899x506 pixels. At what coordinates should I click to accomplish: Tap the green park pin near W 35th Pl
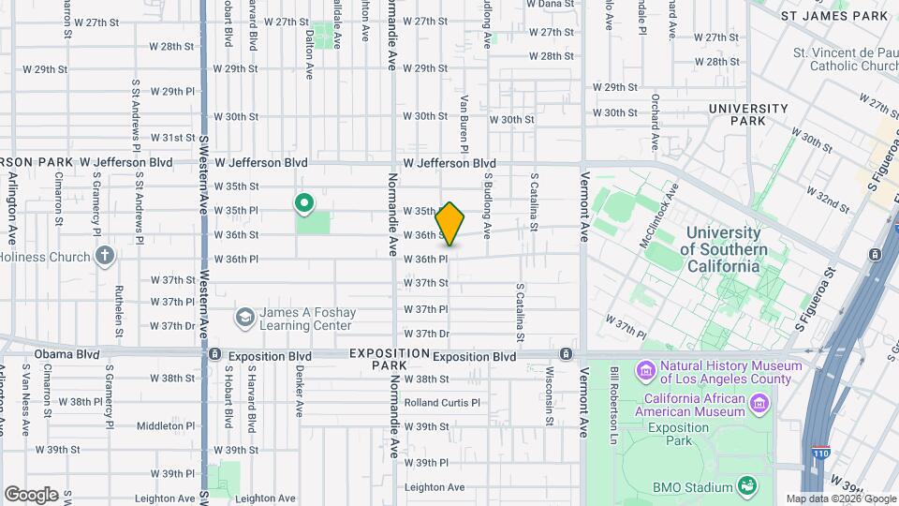point(304,202)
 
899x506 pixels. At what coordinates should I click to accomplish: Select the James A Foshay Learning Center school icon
point(244,318)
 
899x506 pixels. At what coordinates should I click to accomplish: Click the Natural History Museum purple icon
point(646,372)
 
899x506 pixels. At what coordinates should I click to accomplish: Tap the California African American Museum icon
point(759,403)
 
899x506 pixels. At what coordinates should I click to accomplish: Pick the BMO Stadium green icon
point(747,486)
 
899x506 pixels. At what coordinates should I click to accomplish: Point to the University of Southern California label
point(723,249)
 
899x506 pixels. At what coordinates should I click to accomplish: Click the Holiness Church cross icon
point(104,255)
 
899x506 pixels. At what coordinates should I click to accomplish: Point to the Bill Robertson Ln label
point(614,393)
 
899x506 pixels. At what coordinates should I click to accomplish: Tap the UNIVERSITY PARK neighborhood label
point(748,114)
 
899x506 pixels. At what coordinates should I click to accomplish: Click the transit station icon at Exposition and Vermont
point(566,354)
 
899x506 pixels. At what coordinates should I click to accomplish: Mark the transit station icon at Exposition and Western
point(214,354)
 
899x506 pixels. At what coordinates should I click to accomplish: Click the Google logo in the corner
point(31,494)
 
